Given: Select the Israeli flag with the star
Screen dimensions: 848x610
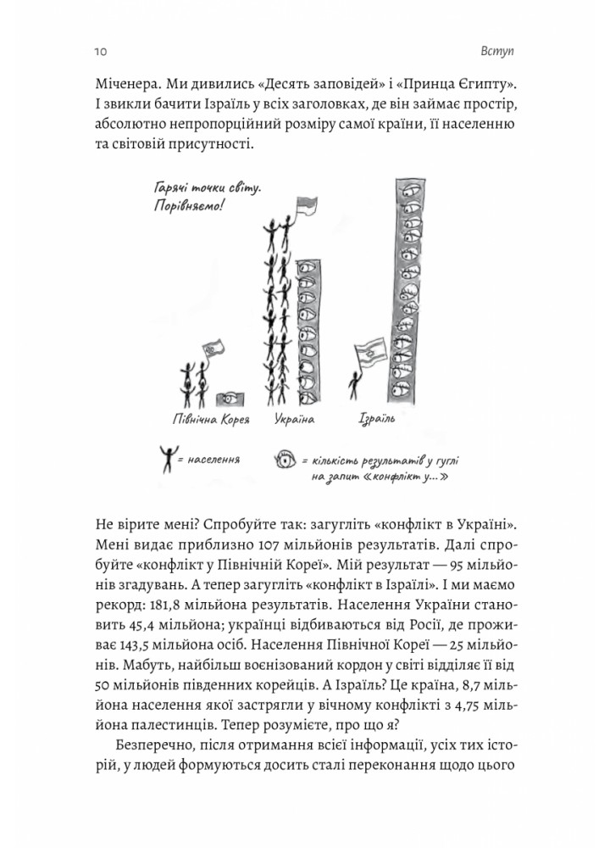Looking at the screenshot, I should point(367,355).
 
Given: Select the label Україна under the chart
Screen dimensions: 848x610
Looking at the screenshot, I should point(296,418).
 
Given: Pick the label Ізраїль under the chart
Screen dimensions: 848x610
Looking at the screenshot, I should point(380,418).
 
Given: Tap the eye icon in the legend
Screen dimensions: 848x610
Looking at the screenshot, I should point(286,461).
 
